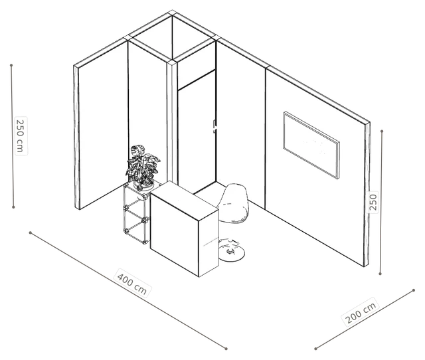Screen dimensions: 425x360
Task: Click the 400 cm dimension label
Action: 132,283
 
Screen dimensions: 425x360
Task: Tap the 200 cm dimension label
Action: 361,312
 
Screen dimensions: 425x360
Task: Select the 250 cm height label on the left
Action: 21,136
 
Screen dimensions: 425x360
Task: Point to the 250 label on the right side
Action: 373,202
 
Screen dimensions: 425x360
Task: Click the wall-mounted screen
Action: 311,145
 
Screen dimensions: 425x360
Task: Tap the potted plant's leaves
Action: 142,165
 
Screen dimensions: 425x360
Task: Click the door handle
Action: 215,126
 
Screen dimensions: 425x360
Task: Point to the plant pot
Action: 144,185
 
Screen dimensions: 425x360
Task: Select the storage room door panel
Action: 197,133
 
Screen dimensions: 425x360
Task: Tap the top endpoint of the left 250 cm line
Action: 11,65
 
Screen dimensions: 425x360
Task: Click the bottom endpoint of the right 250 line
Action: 380,274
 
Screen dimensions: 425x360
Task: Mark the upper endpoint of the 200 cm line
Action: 414,290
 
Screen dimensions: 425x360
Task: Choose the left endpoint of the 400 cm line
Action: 31,232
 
